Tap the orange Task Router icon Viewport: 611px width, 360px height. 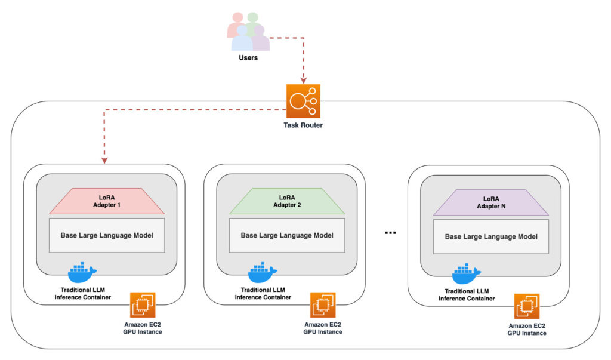coord(303,102)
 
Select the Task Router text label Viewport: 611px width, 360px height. coord(303,126)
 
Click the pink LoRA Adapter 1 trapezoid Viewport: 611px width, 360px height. coord(107,201)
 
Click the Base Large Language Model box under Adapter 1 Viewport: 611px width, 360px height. coord(107,235)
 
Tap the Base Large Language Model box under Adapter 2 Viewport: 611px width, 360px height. coord(287,235)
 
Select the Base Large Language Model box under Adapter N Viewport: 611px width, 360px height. coord(491,236)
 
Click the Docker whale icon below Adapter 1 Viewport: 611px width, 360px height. coord(82,273)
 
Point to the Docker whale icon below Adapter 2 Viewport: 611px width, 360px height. coord(262,273)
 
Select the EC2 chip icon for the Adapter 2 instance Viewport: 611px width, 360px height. coord(323,305)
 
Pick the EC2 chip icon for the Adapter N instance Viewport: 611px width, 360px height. coord(527,306)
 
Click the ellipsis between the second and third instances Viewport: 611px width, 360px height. coord(391,232)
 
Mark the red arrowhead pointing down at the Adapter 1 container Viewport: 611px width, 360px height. coord(104,160)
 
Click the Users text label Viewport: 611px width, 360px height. coord(248,58)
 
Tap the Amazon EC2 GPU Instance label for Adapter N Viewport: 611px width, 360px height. coord(527,330)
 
